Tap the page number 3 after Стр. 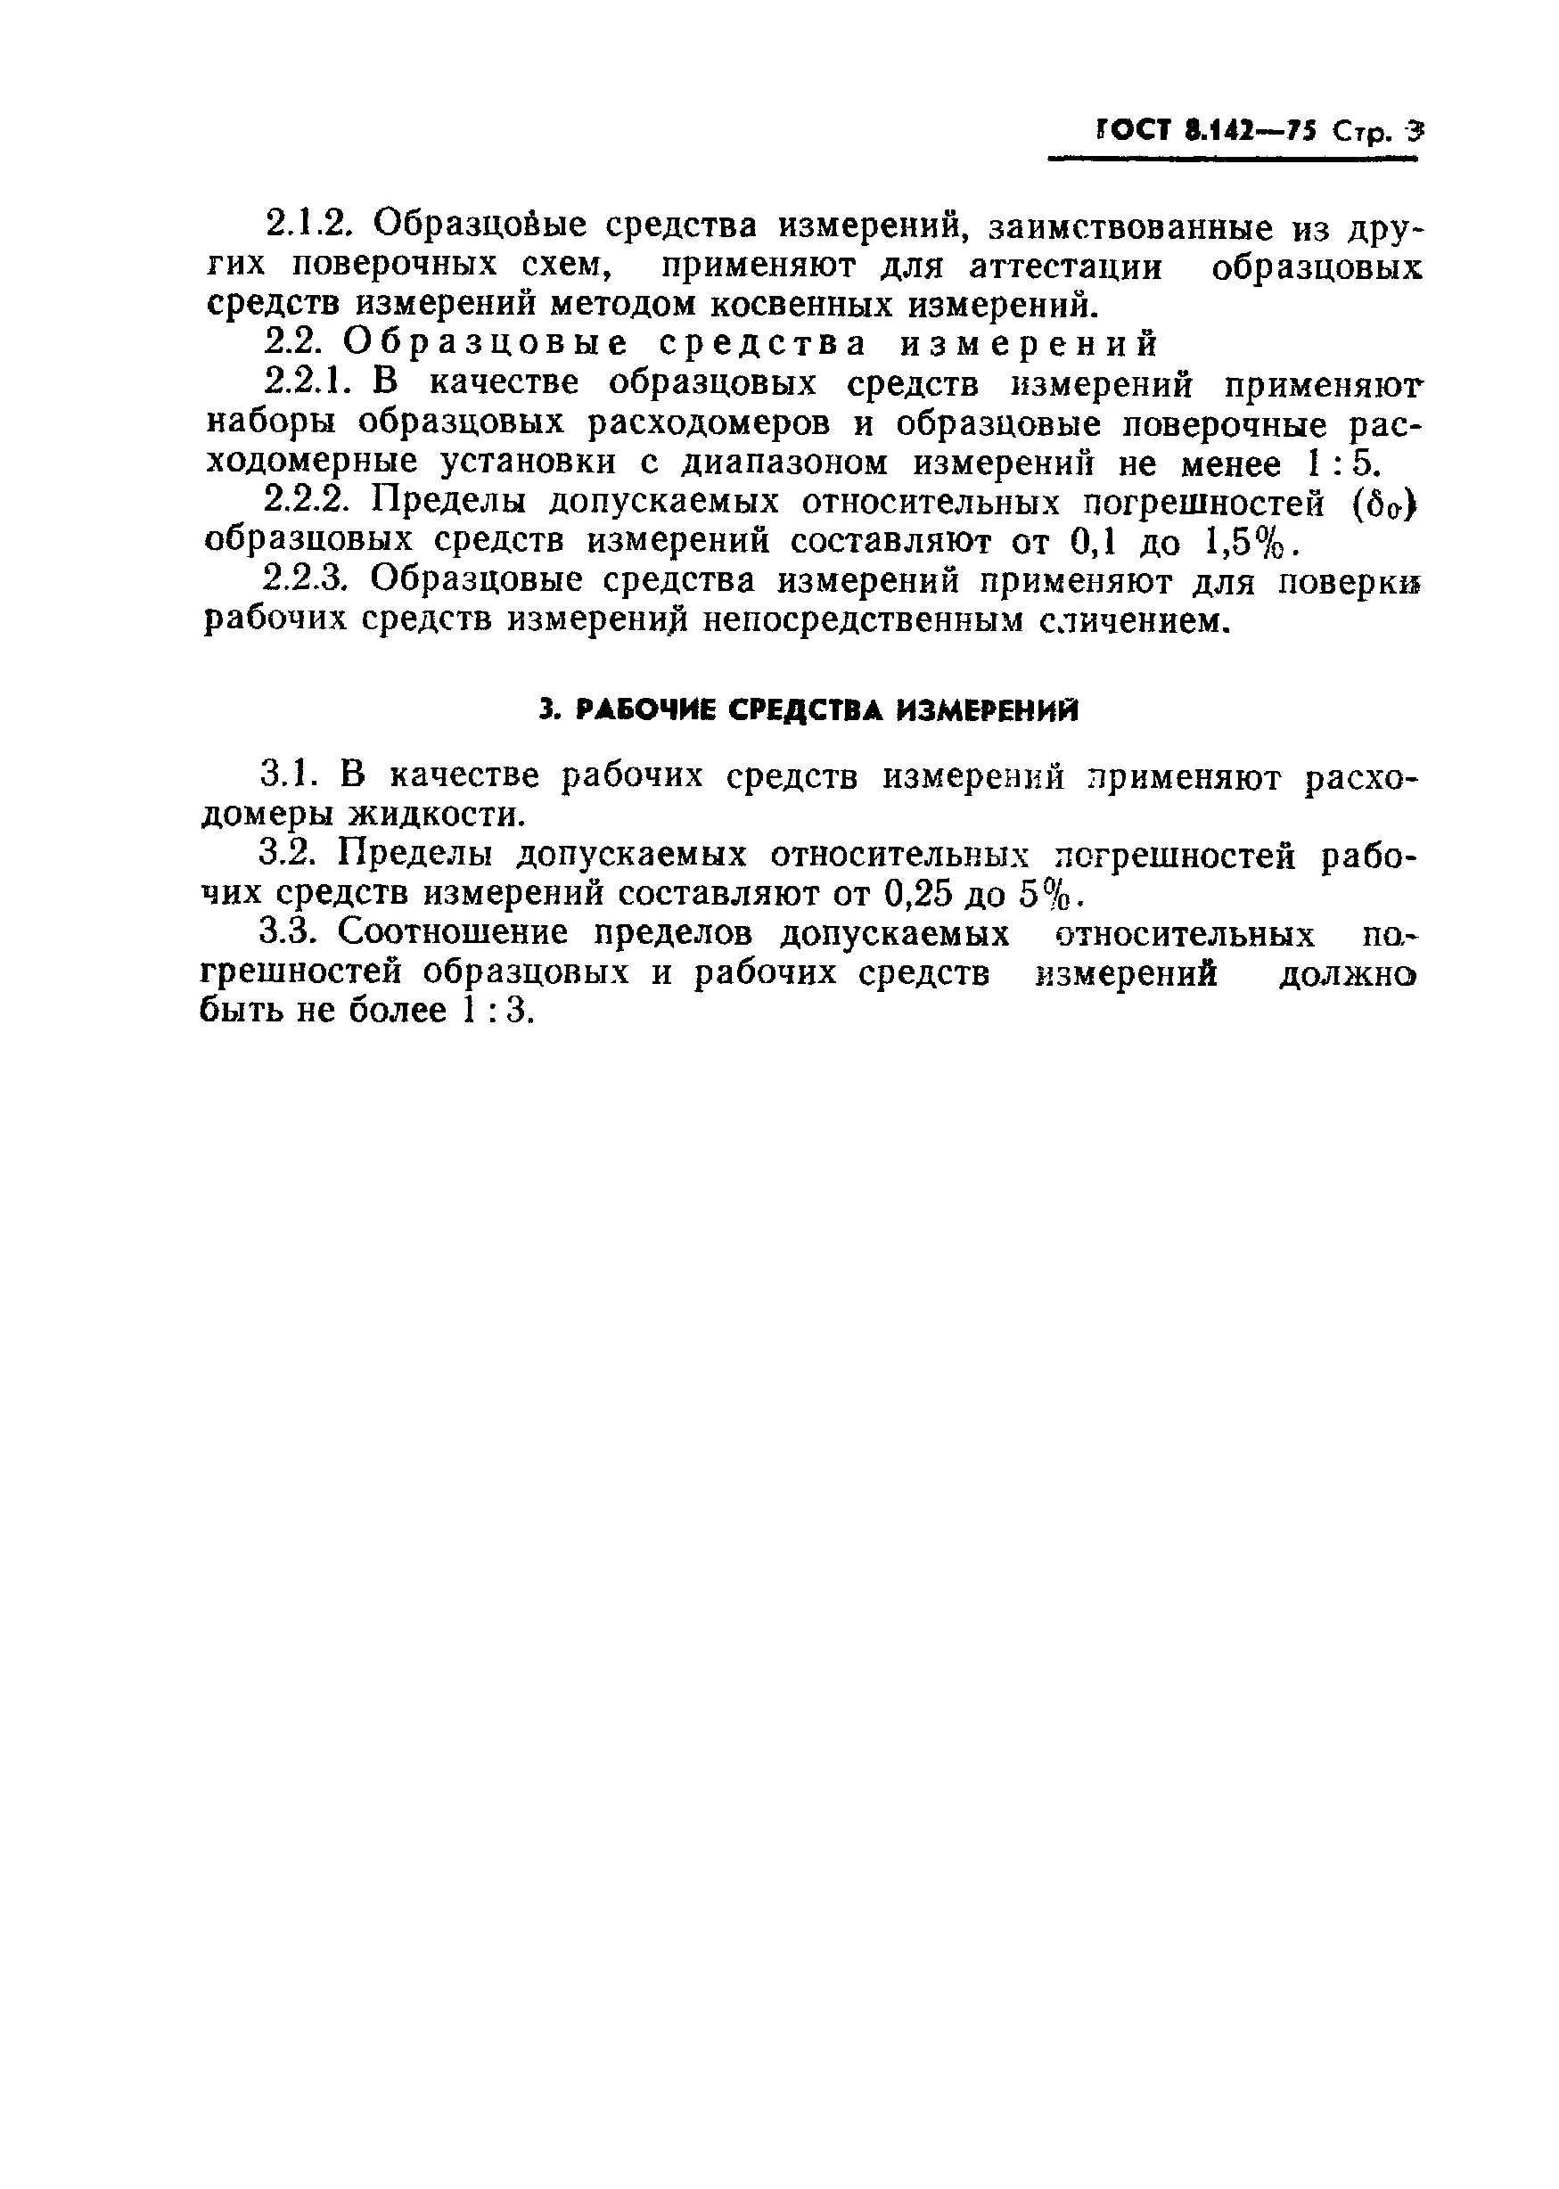[1412, 132]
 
